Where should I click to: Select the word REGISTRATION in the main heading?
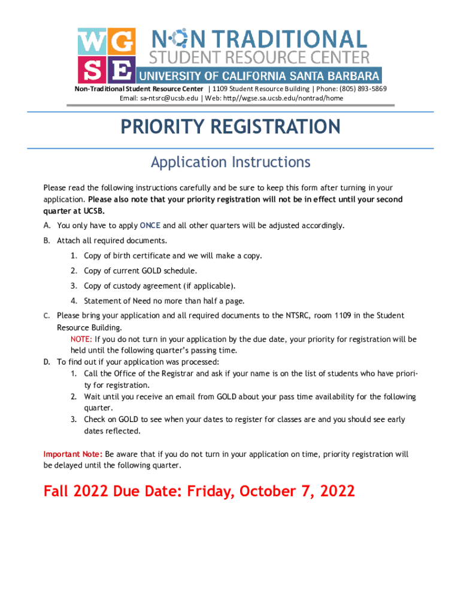(277, 127)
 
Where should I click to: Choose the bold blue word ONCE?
(150, 226)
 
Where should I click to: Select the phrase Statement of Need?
(117, 301)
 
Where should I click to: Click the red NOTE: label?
(81, 339)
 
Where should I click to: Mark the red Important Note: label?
(73, 454)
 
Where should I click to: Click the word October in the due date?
(269, 491)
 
